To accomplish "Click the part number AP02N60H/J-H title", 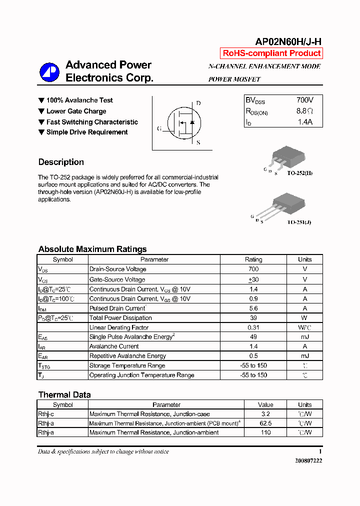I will tap(288, 42).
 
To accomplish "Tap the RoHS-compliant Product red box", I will tap(271, 53).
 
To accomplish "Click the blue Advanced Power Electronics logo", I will tap(49, 72).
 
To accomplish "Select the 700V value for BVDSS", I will tap(305, 100).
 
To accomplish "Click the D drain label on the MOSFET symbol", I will tap(198, 103).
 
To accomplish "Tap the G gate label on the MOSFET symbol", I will tap(159, 128).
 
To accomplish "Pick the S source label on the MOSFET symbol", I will tap(198, 142).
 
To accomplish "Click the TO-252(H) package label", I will tap(300, 173).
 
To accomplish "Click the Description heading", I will tap(61, 162).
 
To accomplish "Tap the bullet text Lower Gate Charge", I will tap(76, 111).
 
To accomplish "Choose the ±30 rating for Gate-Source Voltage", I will tap(253, 279).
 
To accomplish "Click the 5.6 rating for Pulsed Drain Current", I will tap(253, 308).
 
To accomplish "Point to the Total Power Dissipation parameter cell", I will tap(120, 318).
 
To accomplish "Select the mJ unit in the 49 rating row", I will tap(304, 337).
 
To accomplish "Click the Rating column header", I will tap(253, 259).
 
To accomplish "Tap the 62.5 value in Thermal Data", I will tap(265, 423).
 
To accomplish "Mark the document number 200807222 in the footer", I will tap(308, 460).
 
